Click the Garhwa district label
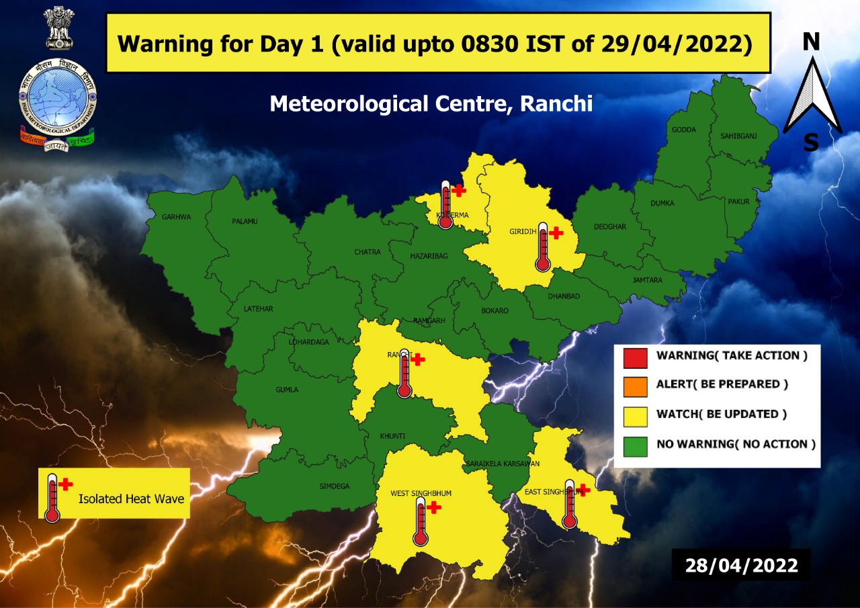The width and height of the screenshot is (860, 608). (x=177, y=217)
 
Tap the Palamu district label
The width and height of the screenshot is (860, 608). (x=245, y=221)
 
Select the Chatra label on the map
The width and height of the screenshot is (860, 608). (x=367, y=253)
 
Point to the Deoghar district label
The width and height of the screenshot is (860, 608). (x=609, y=227)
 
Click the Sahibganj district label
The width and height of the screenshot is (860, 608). (x=738, y=136)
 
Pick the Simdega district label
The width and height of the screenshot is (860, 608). (x=335, y=486)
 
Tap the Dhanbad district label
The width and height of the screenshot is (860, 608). (x=563, y=296)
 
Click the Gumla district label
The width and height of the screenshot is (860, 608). (x=287, y=390)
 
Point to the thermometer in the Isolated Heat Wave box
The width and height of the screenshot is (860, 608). (x=52, y=497)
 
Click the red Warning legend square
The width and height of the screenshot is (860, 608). (x=635, y=356)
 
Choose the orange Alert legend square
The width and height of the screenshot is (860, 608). (x=635, y=386)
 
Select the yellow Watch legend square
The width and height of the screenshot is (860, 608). (x=635, y=415)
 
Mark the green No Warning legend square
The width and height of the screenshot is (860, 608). (x=635, y=445)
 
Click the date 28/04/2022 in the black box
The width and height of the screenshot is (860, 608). (x=741, y=565)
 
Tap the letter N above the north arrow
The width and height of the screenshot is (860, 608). (x=812, y=42)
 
